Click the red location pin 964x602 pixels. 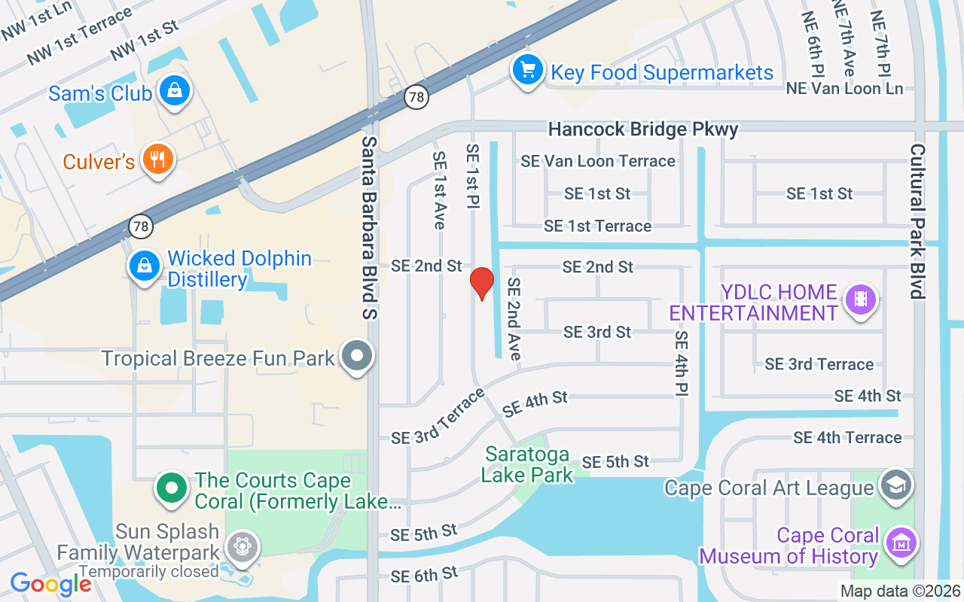(481, 283)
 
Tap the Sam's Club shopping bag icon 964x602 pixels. (175, 91)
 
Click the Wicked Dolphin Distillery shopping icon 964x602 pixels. (143, 266)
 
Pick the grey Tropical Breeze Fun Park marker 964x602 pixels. (357, 356)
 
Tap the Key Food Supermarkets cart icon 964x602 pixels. (528, 71)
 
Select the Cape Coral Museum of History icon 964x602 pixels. (900, 543)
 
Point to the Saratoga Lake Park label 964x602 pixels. (527, 464)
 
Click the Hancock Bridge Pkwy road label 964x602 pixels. (642, 129)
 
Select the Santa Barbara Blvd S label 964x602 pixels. (369, 227)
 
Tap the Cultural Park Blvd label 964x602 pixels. (917, 221)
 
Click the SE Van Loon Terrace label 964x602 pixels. (598, 161)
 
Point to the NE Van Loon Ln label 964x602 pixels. (844, 89)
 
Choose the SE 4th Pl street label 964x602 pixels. (682, 363)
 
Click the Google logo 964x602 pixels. (50, 584)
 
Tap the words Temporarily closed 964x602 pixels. (148, 571)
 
